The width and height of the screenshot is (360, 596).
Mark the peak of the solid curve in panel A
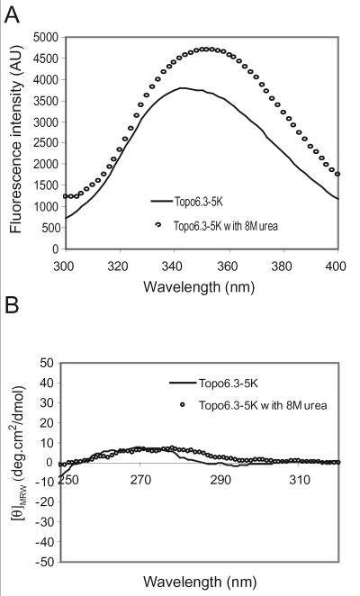tap(183, 87)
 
